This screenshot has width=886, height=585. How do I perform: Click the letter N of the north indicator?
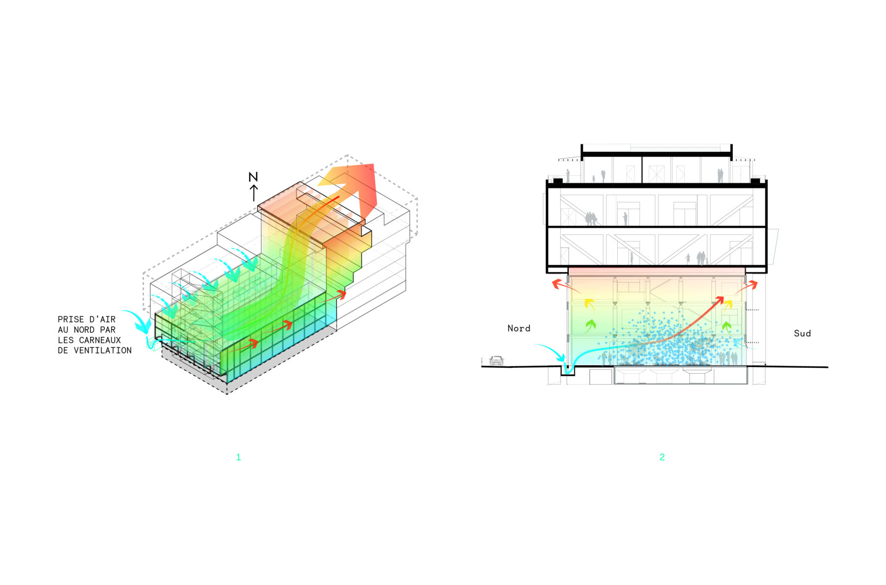tap(253, 177)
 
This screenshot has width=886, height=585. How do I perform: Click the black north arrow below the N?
tap(254, 193)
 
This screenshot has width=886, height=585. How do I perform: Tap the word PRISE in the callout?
tap(71, 320)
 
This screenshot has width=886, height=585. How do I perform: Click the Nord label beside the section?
tap(519, 328)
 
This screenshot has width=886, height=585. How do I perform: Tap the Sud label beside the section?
tap(802, 333)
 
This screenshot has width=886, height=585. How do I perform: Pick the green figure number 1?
tap(238, 457)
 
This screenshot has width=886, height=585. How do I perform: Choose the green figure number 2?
tap(662, 457)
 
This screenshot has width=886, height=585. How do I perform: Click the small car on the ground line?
tap(497, 361)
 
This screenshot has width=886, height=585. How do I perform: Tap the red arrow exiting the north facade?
tap(559, 285)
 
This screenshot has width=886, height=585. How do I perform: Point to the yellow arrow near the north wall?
tap(589, 304)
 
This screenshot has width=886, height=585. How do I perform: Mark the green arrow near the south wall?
tap(727, 326)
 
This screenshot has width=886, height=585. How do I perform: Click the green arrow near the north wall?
tap(590, 325)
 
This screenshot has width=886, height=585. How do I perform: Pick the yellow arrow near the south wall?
tap(728, 304)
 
